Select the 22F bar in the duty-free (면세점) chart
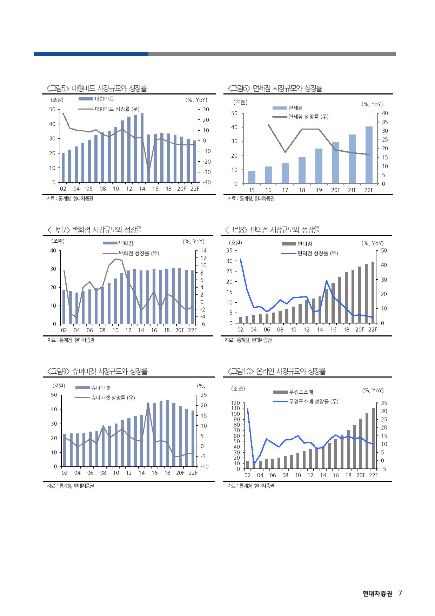coord(369,155)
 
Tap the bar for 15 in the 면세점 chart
coord(252,177)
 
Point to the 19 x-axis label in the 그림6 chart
coord(319,190)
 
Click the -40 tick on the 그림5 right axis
coord(206,183)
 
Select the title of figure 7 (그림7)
coord(95,230)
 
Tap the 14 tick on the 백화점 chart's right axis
coord(204,251)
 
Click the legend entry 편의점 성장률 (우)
coord(317,253)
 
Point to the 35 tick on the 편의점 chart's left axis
coord(229,251)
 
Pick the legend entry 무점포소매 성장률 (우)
coord(313,401)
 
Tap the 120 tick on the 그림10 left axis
coord(235,403)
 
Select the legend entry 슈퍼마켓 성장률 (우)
coord(113,398)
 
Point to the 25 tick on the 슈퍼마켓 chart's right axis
coord(204,395)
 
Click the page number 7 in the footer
coord(400,594)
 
